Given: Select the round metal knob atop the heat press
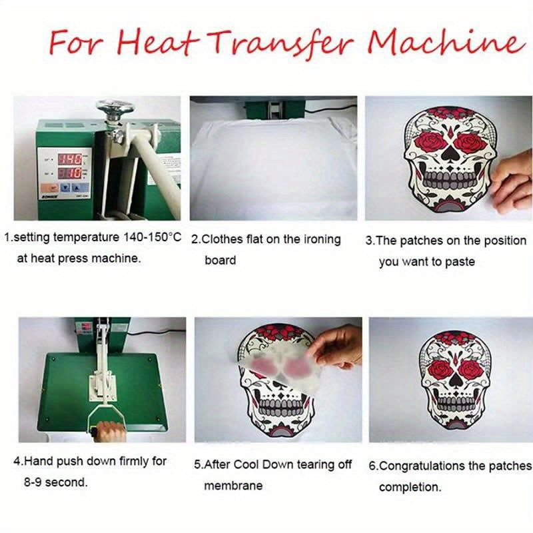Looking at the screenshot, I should pos(114,107).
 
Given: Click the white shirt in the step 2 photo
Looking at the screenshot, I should pos(273,167).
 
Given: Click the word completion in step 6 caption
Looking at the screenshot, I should pos(409,488).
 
